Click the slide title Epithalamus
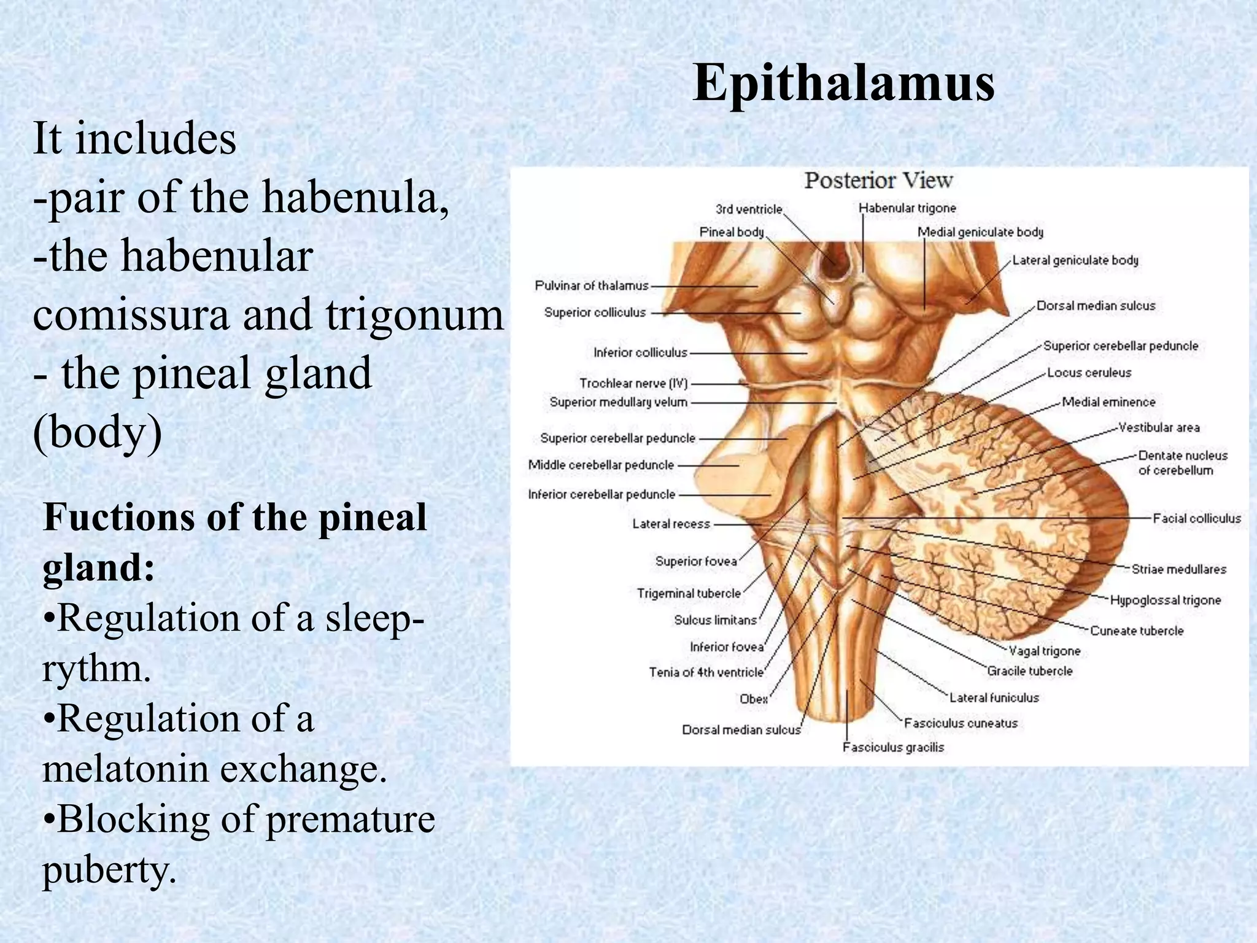click(843, 83)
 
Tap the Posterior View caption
click(878, 180)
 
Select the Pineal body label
click(732, 232)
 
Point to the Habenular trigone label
click(907, 208)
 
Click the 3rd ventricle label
click(749, 209)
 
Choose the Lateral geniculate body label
click(1075, 260)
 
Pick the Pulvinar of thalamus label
click(592, 285)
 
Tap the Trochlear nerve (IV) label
click(633, 384)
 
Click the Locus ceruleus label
click(1089, 373)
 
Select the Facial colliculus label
click(1196, 519)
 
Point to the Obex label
click(754, 699)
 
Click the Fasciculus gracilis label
click(893, 748)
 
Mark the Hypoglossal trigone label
click(1166, 600)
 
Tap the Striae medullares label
click(1178, 570)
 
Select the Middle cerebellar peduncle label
click(601, 465)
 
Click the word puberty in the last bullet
click(109, 870)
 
